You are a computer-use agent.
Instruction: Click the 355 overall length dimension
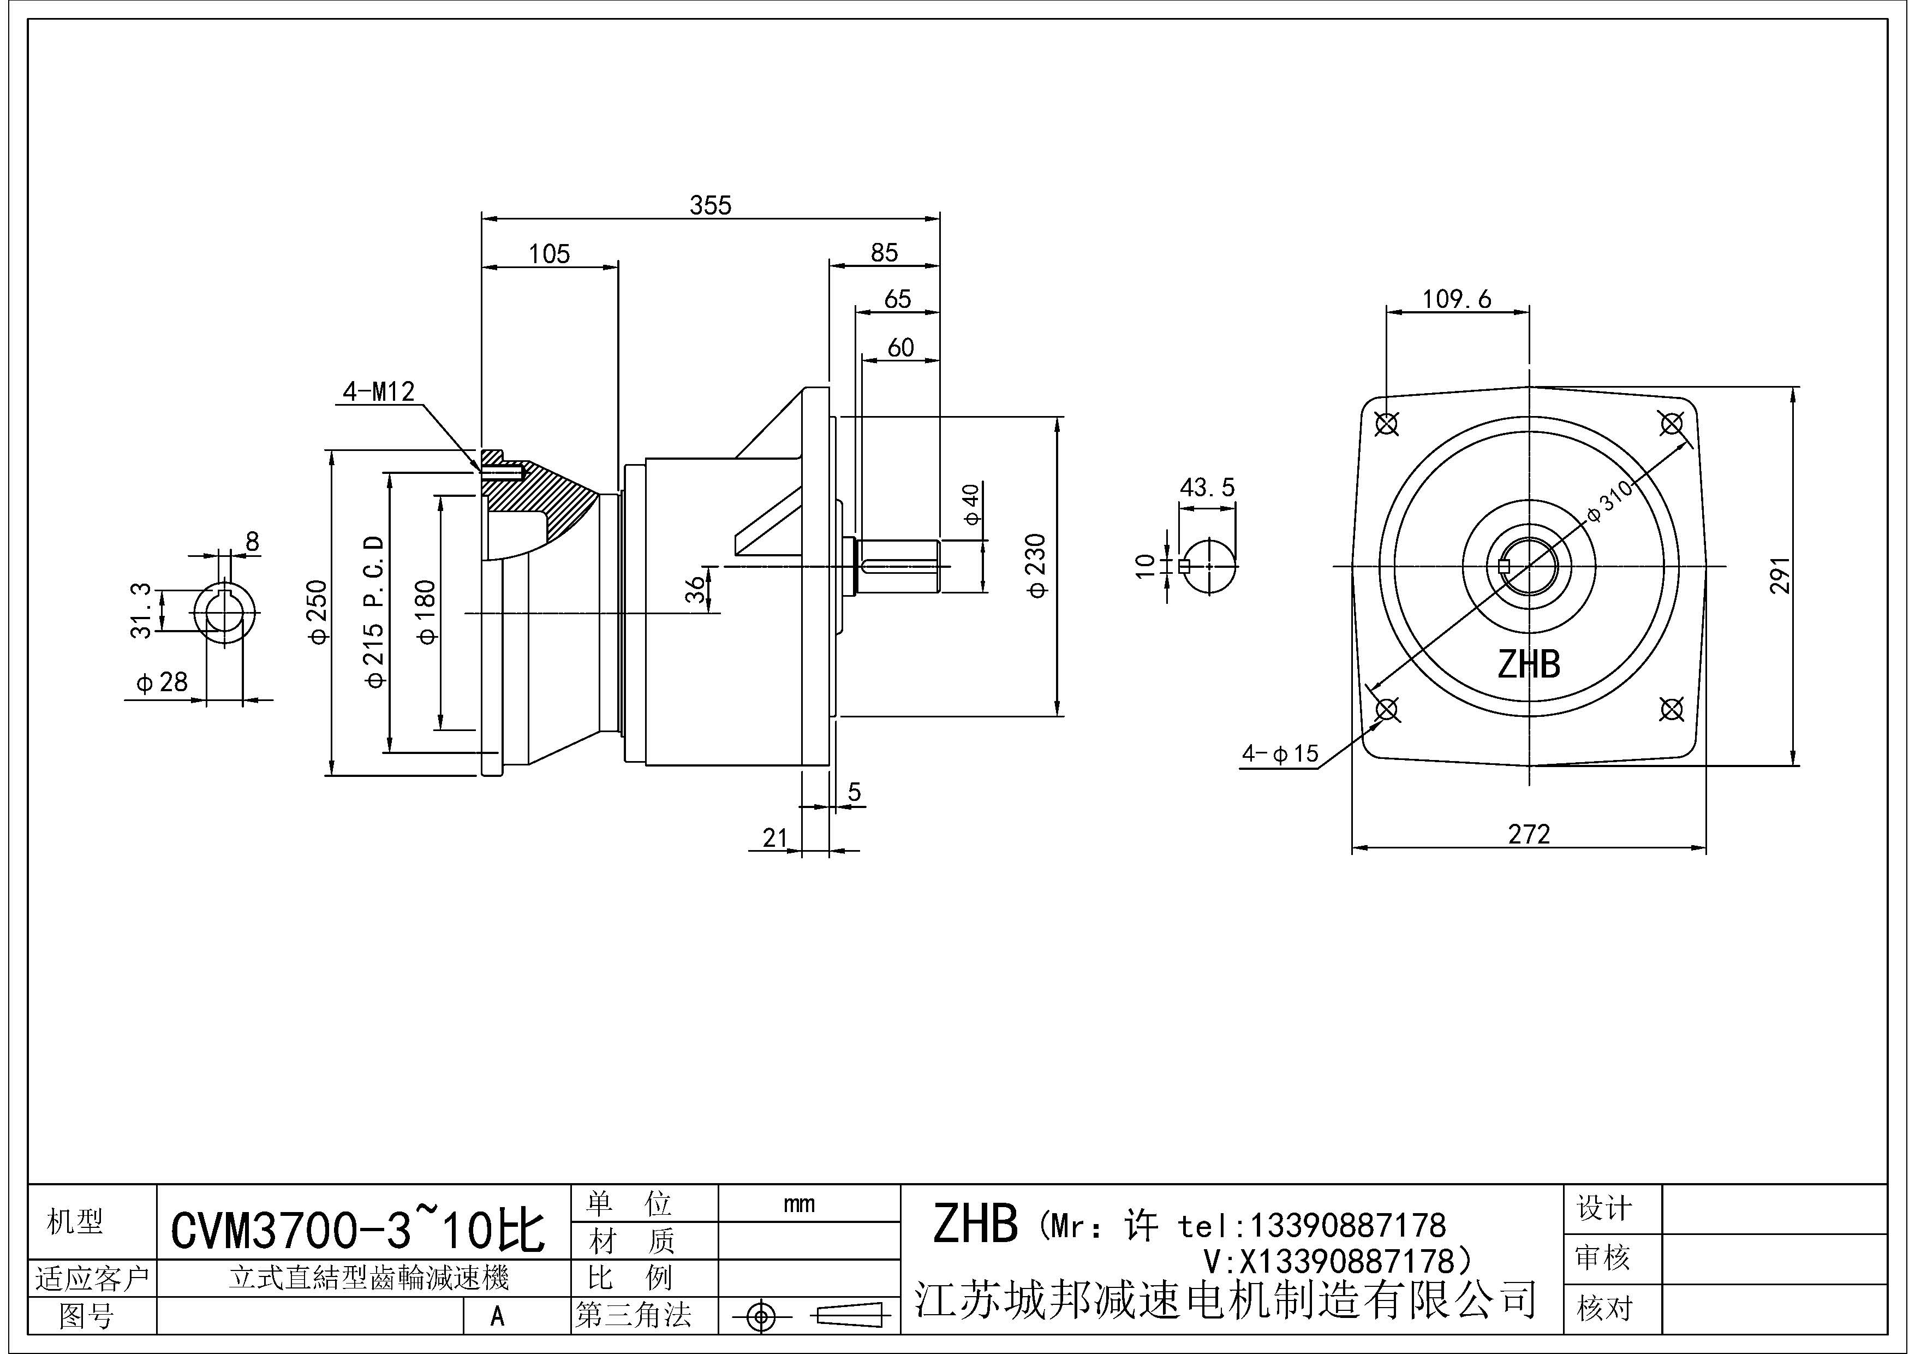tap(710, 205)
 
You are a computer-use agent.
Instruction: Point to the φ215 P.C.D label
tap(374, 611)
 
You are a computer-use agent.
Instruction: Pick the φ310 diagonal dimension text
tap(1610, 501)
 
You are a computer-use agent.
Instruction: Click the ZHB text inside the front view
tap(1528, 665)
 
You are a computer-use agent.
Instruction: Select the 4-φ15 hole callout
tap(1279, 754)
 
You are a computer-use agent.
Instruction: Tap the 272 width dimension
tap(1529, 834)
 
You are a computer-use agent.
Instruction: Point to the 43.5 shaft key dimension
tap(1206, 487)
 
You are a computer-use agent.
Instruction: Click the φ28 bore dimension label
tap(163, 682)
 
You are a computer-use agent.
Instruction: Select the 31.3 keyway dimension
tap(142, 611)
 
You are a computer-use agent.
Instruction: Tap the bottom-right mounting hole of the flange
tap(1672, 709)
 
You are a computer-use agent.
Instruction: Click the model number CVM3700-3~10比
tap(358, 1231)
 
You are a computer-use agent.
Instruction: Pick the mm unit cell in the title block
tap(799, 1204)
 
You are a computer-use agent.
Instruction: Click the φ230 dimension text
tap(1037, 566)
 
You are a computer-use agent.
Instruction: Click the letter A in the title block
tap(498, 1316)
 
